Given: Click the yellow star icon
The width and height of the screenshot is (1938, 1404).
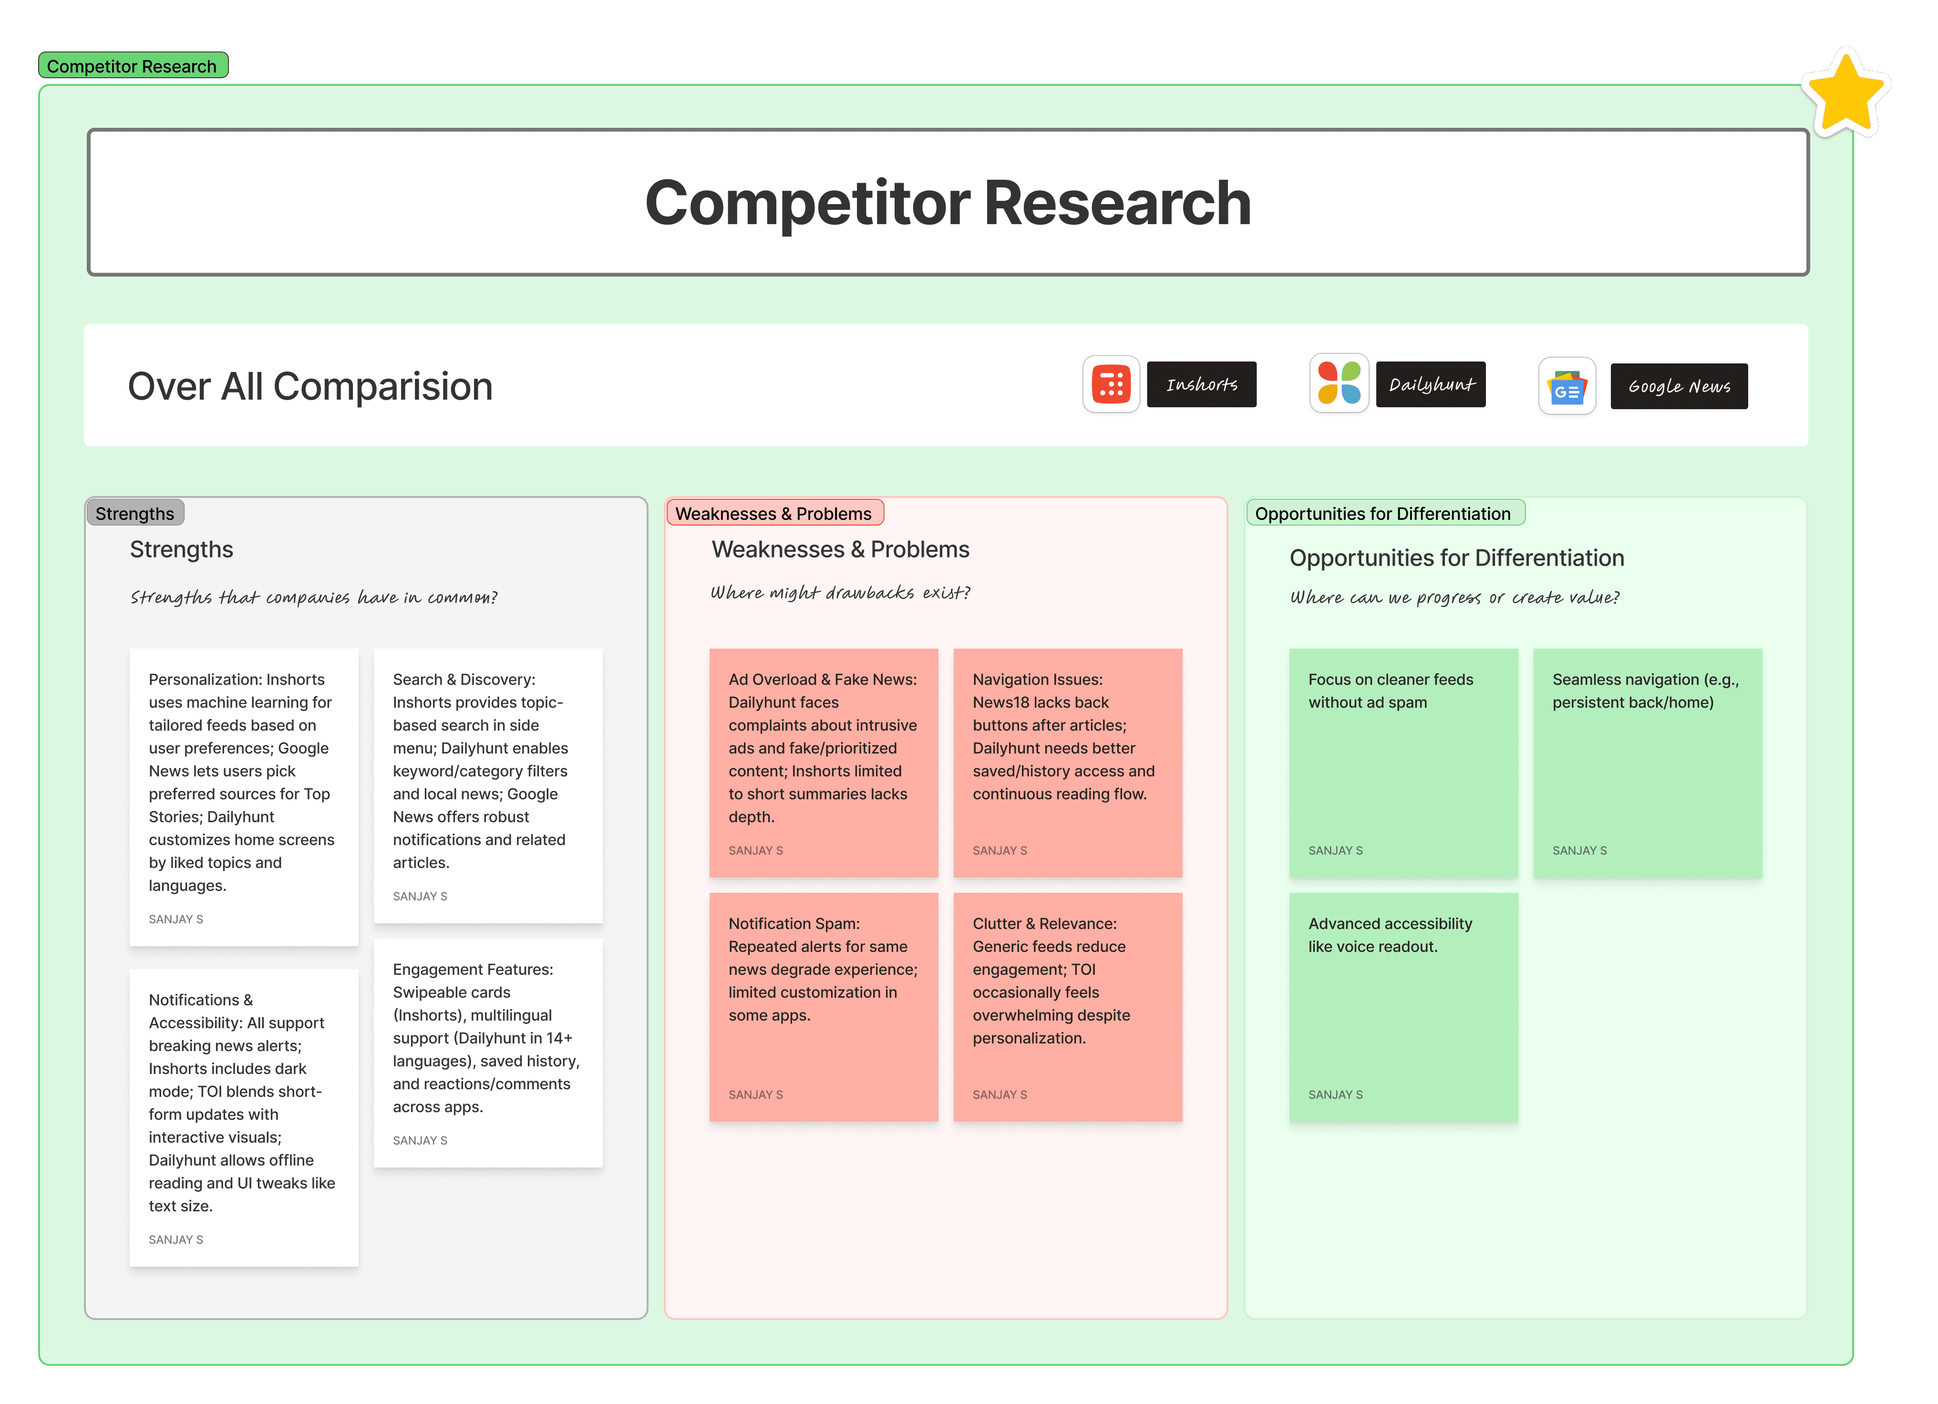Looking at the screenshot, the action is click(x=1845, y=93).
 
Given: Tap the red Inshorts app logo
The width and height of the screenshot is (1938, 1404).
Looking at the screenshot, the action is click(x=1111, y=384).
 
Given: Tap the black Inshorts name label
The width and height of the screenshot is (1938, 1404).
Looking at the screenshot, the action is click(x=1201, y=384).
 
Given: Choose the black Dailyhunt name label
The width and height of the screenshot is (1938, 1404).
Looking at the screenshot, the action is click(x=1431, y=384).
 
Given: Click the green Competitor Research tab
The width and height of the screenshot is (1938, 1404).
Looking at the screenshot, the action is click(x=133, y=66).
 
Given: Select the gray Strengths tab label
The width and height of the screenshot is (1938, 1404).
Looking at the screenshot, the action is click(x=135, y=513).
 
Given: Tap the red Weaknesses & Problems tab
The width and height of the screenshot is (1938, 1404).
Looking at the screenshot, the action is click(x=773, y=513).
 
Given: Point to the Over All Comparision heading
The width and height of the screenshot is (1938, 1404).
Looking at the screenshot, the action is click(x=310, y=386).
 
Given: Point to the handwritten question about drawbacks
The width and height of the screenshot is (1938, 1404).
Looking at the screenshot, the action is click(x=840, y=592).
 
